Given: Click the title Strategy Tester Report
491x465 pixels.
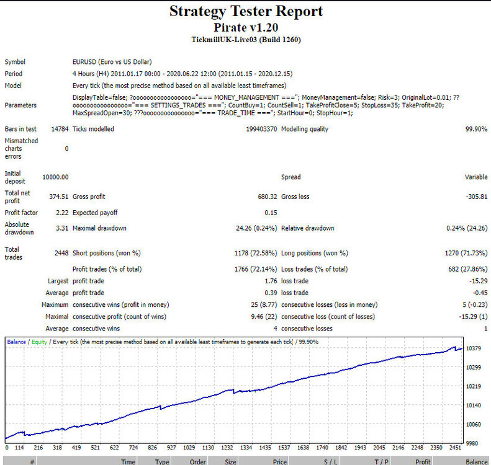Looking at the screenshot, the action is tap(246, 11).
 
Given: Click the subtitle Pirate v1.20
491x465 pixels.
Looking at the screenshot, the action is tap(246, 27).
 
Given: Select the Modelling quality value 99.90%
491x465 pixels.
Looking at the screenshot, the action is tap(476, 129).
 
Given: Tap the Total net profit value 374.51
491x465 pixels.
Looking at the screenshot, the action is tap(58, 197).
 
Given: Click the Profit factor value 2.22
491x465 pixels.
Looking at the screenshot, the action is tap(62, 213).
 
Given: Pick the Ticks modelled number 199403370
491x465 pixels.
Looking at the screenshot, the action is tap(261, 129).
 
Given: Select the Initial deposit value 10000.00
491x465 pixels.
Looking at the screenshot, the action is tap(55, 177).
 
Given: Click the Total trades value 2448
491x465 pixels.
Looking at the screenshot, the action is tap(61, 253).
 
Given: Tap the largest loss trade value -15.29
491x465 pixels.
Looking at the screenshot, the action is tap(478, 281).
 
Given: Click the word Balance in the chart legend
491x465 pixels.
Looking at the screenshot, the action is tap(16, 342).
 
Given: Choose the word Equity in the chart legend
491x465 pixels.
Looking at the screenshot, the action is tap(39, 342).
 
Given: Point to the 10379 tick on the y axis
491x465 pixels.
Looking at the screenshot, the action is tap(474, 348).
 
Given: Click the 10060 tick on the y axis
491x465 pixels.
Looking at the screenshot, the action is tap(474, 424).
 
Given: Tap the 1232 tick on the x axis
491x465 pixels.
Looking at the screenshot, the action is tap(227, 448).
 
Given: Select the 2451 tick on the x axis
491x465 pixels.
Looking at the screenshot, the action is tap(455, 448).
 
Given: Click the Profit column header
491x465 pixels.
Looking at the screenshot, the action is tap(423, 461).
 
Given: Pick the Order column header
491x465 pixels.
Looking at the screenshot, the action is tap(197, 461).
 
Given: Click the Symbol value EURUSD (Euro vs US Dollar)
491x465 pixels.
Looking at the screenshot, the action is tap(112, 62).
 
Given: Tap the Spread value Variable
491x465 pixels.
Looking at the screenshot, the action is tap(476, 177).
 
